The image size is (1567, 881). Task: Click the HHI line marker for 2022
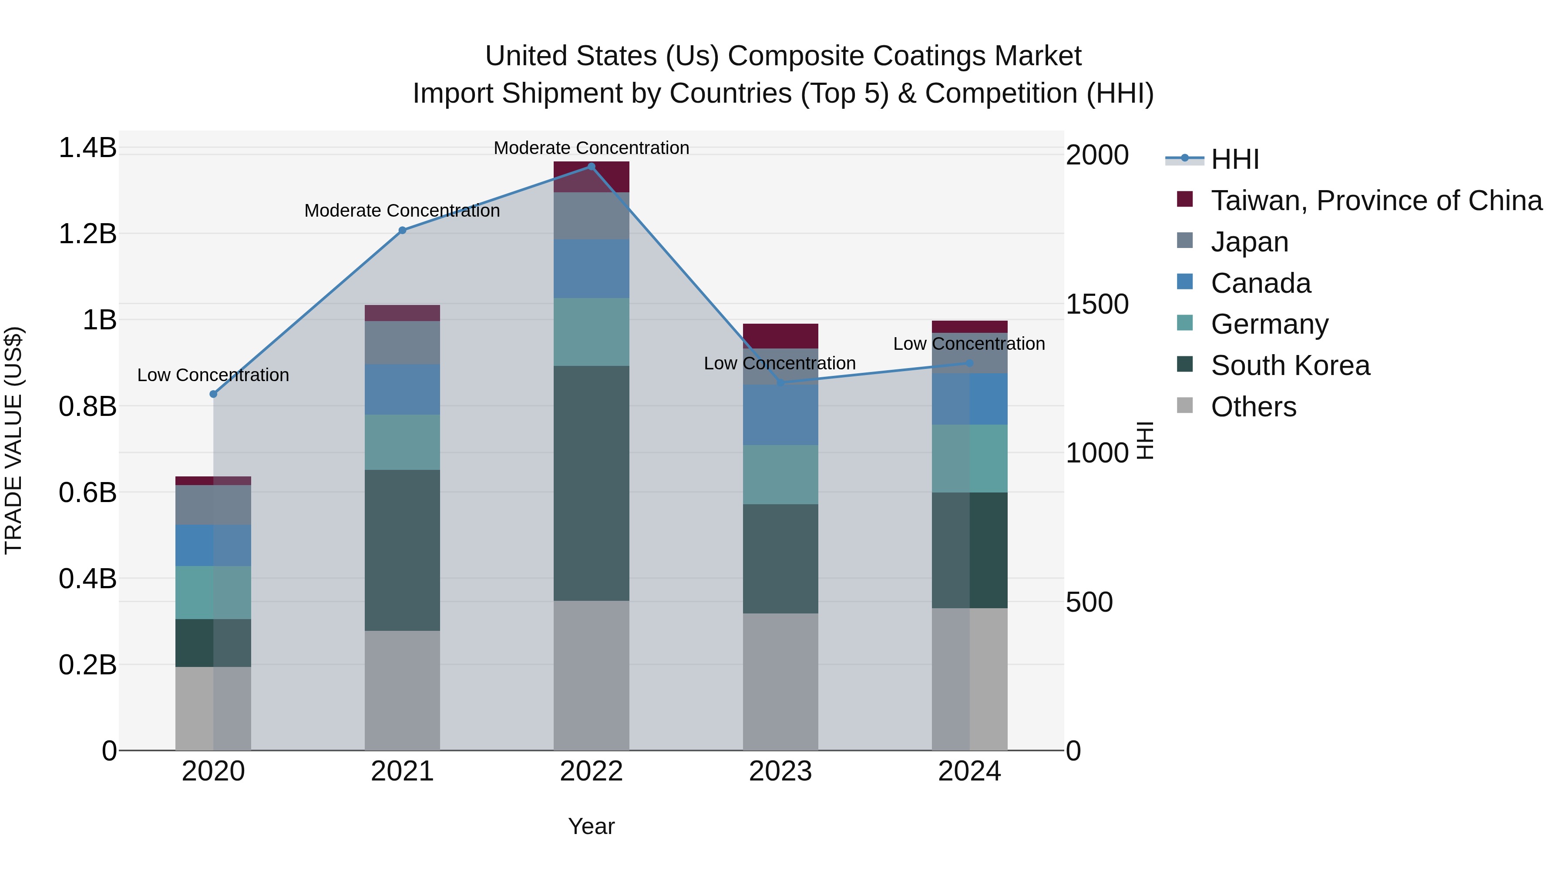point(591,167)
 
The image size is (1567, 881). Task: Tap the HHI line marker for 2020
point(213,394)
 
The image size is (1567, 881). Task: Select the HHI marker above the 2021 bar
point(402,231)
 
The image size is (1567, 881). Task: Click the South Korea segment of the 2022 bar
point(591,483)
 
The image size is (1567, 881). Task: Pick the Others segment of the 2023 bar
point(780,681)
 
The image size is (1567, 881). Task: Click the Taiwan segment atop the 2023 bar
point(780,335)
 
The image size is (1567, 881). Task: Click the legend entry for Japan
point(1249,242)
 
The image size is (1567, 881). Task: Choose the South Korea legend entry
point(1290,365)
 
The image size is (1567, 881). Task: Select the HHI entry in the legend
point(1234,159)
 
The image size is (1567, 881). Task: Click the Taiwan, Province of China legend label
point(1376,201)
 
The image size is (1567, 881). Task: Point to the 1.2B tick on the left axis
point(87,234)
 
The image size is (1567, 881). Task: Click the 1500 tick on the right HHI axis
point(1097,304)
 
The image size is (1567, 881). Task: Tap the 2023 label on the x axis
point(780,771)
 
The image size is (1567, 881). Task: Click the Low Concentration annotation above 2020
point(213,375)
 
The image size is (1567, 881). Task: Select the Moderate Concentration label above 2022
point(591,148)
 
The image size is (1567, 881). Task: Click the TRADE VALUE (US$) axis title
point(13,440)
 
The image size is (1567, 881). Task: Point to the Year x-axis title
point(591,826)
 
